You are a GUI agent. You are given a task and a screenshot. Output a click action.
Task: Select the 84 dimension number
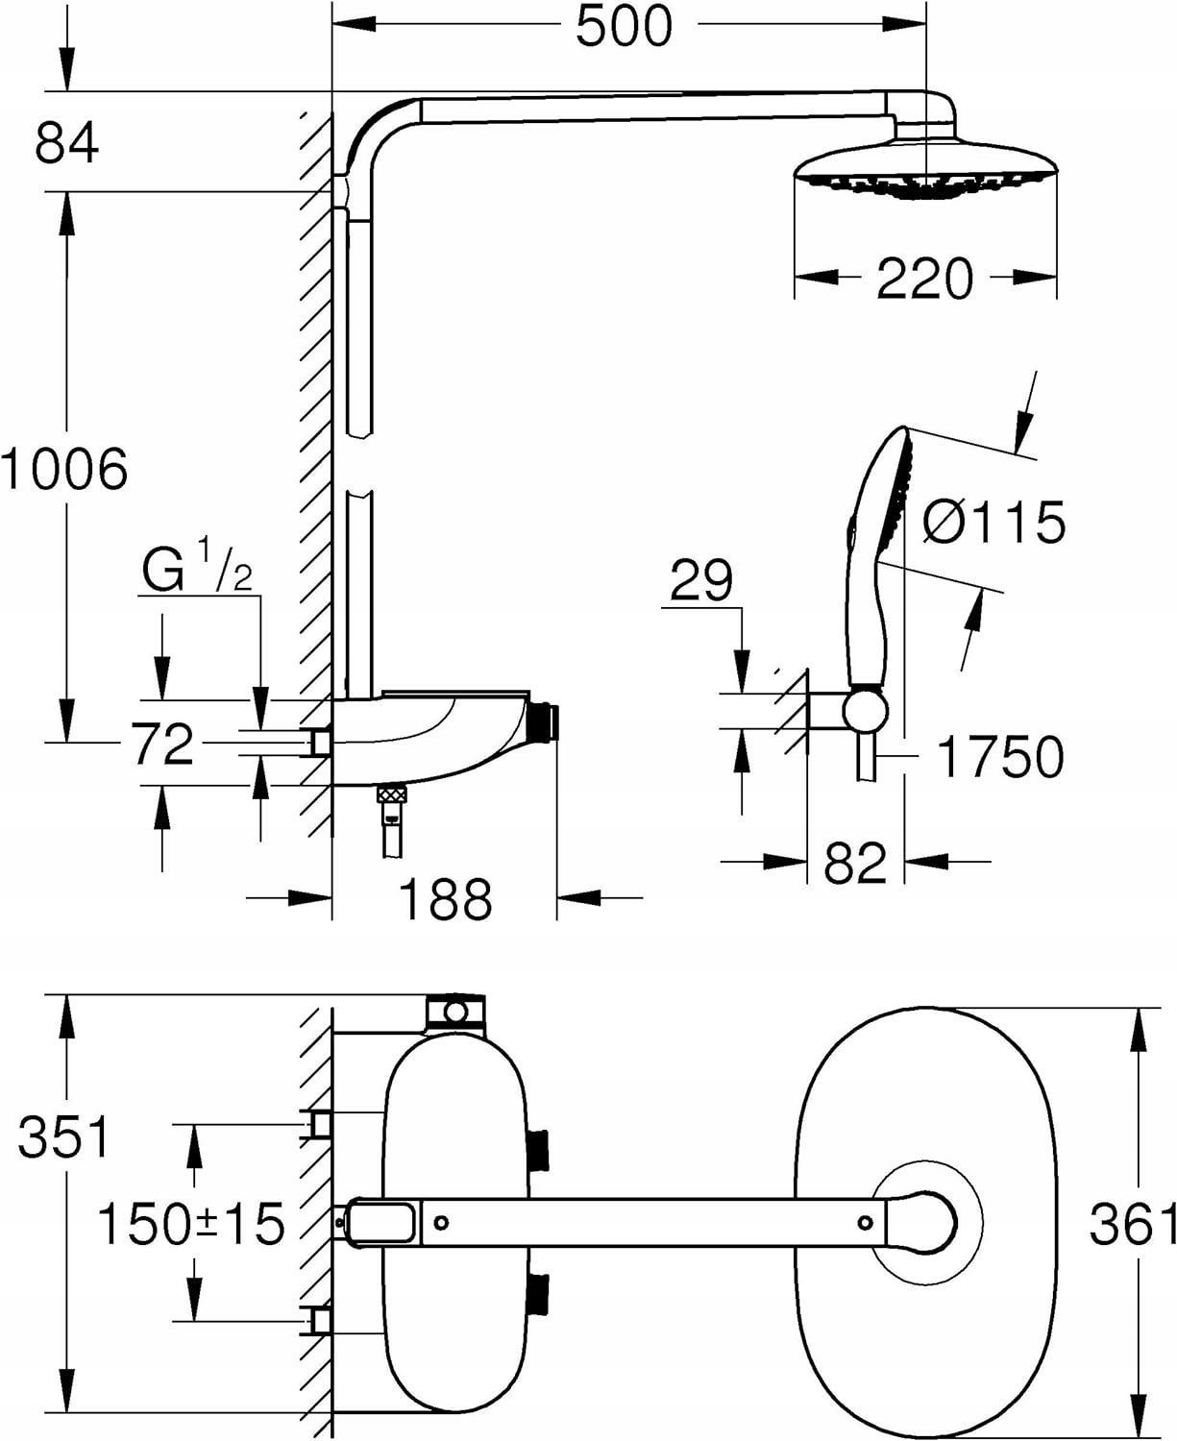[66, 143]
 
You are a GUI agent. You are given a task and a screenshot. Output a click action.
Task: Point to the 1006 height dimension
[63, 470]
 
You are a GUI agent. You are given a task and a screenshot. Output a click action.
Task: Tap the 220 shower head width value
[924, 279]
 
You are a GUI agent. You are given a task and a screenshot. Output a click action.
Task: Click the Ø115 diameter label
[993, 523]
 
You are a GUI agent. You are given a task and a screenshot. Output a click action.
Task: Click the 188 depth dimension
[444, 899]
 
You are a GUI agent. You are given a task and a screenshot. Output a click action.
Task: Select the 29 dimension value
[701, 580]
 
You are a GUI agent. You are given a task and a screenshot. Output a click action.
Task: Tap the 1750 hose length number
[1000, 757]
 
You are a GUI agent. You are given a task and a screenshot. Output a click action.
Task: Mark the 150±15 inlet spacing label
[191, 1224]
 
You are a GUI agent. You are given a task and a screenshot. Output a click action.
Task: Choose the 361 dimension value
[1133, 1225]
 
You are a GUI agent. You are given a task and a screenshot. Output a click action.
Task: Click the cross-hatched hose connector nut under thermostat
[391, 795]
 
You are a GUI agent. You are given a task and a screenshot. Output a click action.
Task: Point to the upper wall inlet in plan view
[318, 1123]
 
